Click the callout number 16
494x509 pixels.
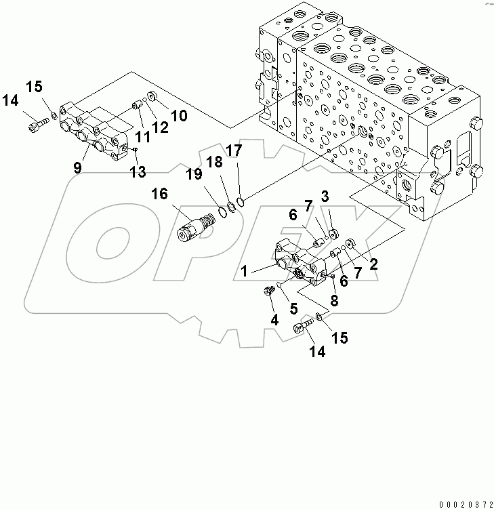point(159,195)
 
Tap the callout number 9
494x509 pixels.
point(78,167)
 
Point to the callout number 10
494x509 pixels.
point(179,115)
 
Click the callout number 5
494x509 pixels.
point(293,308)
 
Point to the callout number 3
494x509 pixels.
point(325,197)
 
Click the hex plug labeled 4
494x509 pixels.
point(268,291)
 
